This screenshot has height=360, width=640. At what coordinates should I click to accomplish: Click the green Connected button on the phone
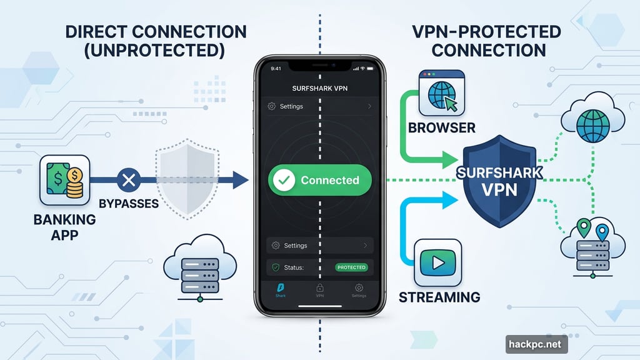[319, 180]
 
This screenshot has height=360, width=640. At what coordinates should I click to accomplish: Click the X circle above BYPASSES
[128, 181]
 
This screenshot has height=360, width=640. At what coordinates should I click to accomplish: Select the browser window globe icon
[442, 92]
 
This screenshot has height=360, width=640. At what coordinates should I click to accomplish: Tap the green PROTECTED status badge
[351, 267]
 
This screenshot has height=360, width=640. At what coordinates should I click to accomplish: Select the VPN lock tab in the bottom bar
[319, 291]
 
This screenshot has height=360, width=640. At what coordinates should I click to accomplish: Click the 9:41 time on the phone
[276, 69]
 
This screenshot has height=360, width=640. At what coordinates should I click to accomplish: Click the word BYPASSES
[129, 204]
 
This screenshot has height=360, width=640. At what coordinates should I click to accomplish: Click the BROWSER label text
[441, 128]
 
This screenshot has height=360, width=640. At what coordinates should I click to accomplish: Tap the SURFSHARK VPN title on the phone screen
[319, 88]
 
